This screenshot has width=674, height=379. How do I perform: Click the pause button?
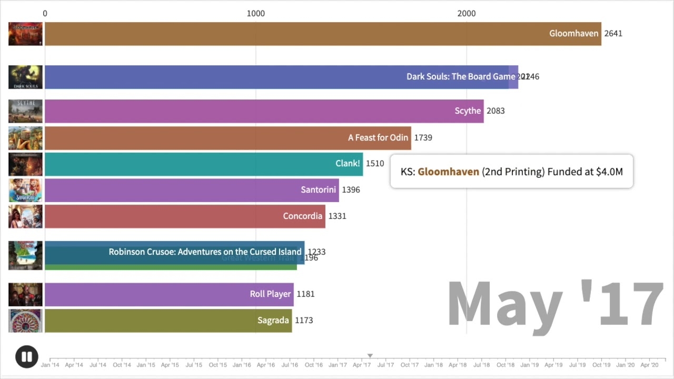27,356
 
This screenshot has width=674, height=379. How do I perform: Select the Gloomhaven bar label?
573,33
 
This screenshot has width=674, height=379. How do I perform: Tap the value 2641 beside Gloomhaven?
613,33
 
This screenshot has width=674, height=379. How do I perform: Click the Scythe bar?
263,111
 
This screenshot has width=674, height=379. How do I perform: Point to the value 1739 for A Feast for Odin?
423,137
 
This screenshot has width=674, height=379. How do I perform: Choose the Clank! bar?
203,164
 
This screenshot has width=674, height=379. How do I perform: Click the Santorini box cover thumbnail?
25,190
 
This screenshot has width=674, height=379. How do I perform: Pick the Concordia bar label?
302,216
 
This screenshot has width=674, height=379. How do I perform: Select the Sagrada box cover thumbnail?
25,321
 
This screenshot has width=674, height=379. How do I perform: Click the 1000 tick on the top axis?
256,13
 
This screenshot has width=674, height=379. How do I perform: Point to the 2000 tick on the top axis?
467,13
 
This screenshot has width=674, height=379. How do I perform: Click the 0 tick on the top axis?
45,13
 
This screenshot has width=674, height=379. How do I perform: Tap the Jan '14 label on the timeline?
50,365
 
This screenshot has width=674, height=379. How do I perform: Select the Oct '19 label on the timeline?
601,365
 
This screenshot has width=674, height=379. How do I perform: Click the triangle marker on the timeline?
370,356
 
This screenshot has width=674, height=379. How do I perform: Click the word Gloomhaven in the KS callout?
448,172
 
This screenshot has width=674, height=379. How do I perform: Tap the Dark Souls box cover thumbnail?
25,77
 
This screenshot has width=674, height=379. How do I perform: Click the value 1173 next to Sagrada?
304,320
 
